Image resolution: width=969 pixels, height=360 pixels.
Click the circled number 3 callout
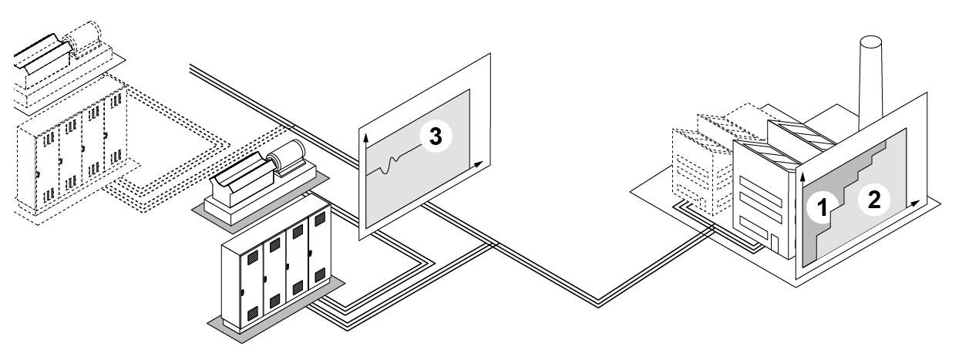pyautogui.click(x=436, y=136)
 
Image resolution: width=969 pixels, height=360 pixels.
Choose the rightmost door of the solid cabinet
pyautogui.click(x=318, y=255)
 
